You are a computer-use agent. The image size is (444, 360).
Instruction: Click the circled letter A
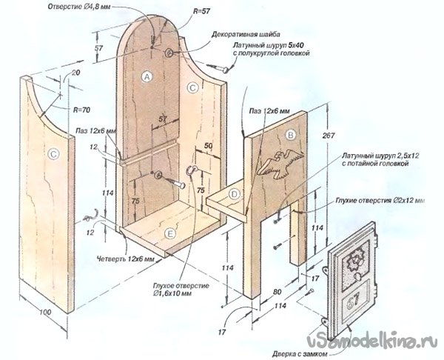point(147,76)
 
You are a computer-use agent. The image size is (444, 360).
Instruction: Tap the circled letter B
point(291,136)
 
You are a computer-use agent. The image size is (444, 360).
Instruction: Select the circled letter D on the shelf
point(234,195)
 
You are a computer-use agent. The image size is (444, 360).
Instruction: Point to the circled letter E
point(171,233)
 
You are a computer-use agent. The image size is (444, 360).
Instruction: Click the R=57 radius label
point(199,10)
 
